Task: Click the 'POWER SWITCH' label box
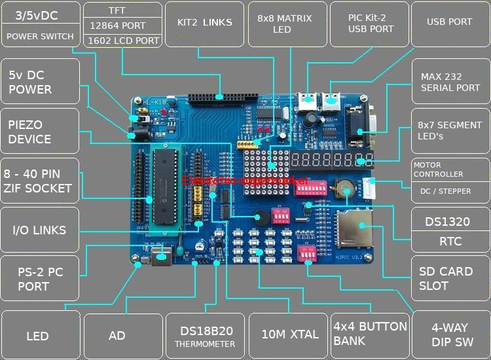pyautogui.click(x=40, y=37)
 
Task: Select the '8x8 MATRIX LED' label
pyautogui.click(x=284, y=24)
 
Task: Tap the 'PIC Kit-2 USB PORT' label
pyautogui.click(x=371, y=24)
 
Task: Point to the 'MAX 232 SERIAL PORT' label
pyautogui.click(x=450, y=82)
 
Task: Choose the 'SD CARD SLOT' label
pyautogui.click(x=450, y=278)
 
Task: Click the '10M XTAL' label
pyautogui.click(x=289, y=334)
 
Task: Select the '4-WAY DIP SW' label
pyautogui.click(x=450, y=334)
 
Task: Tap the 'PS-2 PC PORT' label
pyautogui.click(x=40, y=279)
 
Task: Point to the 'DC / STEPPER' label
pyautogui.click(x=450, y=192)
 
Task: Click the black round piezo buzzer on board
pyautogui.click(x=262, y=218)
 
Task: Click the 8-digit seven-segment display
pyautogui.click(x=332, y=161)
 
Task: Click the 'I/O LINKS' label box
pyautogui.click(x=40, y=230)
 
